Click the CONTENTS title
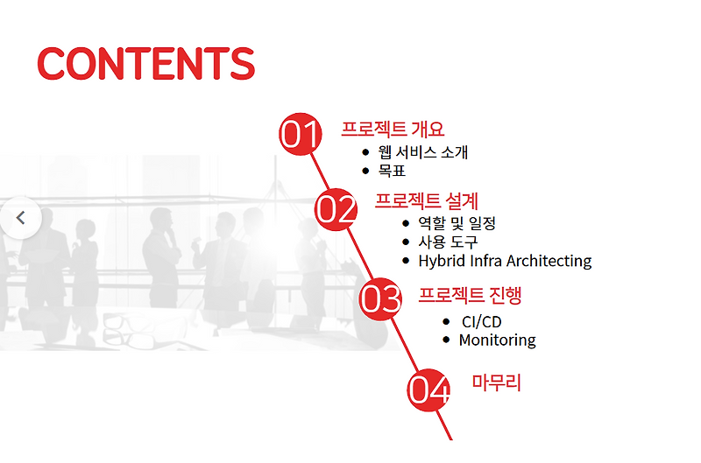click(x=145, y=63)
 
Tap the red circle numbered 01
click(x=300, y=134)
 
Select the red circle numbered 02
click(x=336, y=209)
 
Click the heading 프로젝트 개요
click(x=393, y=130)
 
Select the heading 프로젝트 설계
click(x=426, y=200)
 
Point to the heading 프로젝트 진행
click(x=470, y=295)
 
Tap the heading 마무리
click(x=496, y=382)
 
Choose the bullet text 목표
click(x=392, y=171)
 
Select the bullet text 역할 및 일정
click(x=457, y=223)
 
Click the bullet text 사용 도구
click(x=448, y=242)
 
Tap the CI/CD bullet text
click(x=481, y=322)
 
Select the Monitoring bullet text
click(x=497, y=340)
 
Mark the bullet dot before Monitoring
click(x=447, y=339)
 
